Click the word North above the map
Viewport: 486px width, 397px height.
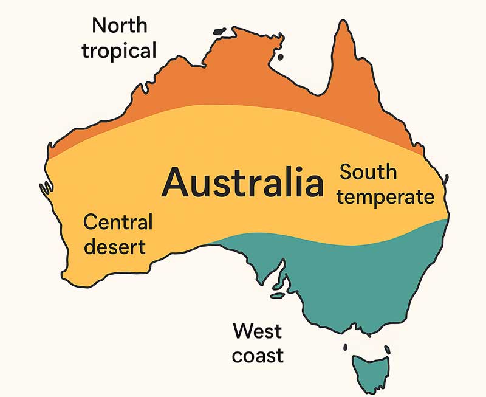pos(119,26)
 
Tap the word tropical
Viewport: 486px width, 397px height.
pos(119,50)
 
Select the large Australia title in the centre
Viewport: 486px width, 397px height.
pos(243,183)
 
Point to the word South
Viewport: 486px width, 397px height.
pos(368,172)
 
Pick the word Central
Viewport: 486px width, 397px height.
pos(118,223)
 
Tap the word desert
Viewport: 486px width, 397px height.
pos(115,247)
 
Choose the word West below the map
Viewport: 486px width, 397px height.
pos(258,331)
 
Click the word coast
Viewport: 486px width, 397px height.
pos(258,356)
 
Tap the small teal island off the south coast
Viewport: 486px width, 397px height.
pos(278,295)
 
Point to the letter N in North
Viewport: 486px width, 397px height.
pos(99,26)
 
